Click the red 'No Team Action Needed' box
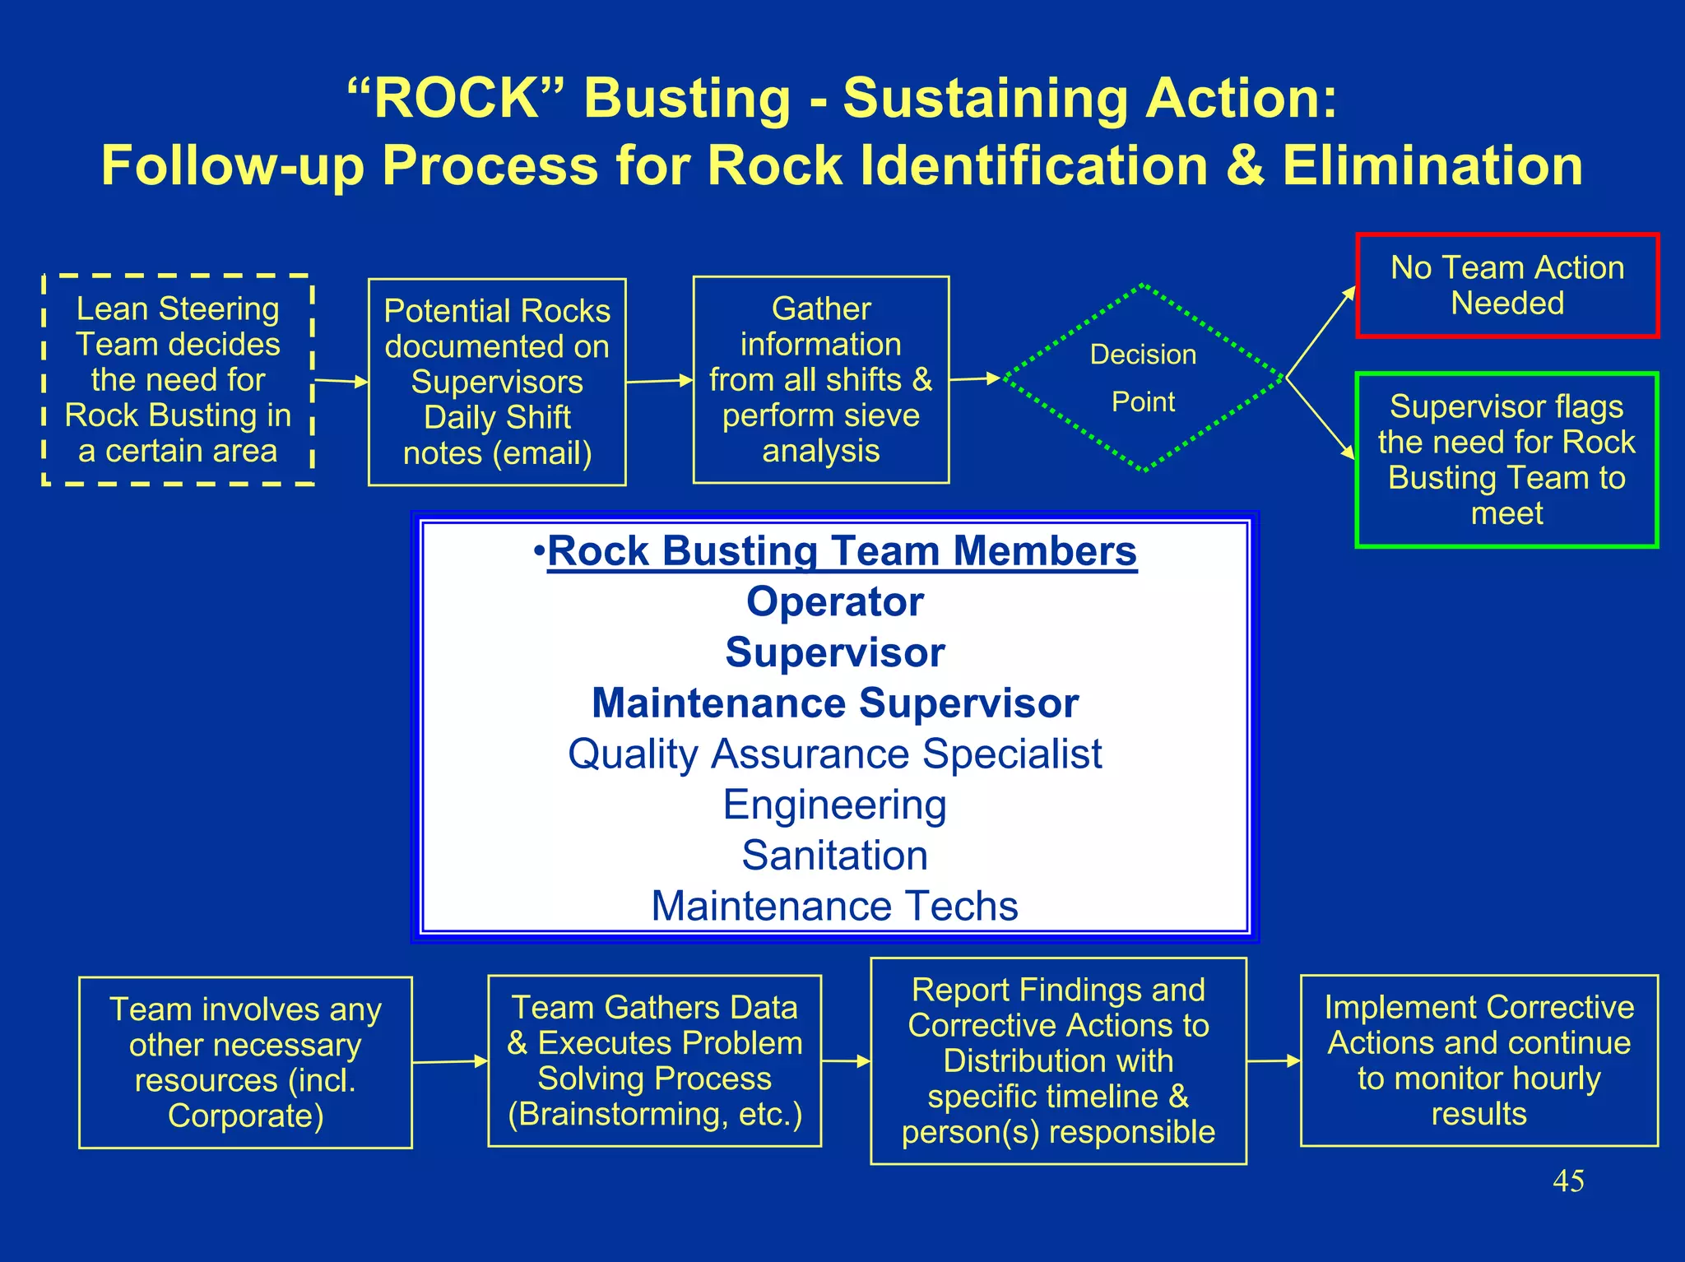click(1506, 285)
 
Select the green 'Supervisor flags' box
click(1506, 459)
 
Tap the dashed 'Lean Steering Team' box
click(178, 379)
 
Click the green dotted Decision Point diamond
click(1143, 378)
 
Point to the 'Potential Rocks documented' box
click(497, 382)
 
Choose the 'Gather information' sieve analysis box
click(820, 379)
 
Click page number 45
click(1567, 1181)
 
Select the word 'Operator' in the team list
click(834, 601)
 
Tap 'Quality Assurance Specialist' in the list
click(834, 754)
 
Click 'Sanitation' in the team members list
click(834, 855)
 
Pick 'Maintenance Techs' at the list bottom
click(834, 906)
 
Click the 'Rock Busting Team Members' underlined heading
click(841, 550)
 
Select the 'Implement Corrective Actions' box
click(1478, 1060)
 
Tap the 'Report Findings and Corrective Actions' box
click(1058, 1060)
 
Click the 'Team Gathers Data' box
click(654, 1060)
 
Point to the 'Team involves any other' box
click(245, 1062)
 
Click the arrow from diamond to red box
click(1321, 332)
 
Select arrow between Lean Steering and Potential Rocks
click(341, 381)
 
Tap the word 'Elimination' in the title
click(1432, 165)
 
